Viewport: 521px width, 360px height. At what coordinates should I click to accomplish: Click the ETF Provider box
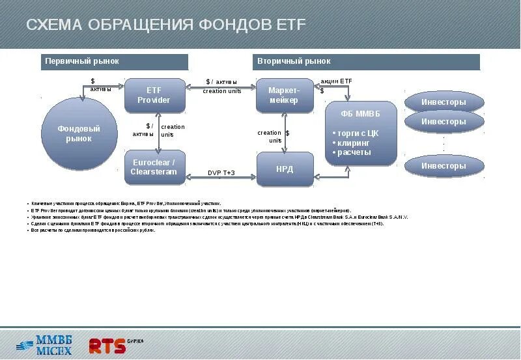pyautogui.click(x=154, y=95)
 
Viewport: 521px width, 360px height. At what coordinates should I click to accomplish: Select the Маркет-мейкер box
pyautogui.click(x=283, y=95)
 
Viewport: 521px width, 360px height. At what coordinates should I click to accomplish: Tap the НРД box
pyautogui.click(x=285, y=169)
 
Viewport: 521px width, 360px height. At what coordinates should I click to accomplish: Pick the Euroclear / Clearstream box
pyautogui.click(x=154, y=167)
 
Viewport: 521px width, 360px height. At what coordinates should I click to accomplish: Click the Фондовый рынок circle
pyautogui.click(x=79, y=133)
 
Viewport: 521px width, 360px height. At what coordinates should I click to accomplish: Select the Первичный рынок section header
pyautogui.click(x=115, y=62)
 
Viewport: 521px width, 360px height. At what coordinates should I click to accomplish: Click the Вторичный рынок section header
pyautogui.click(x=366, y=62)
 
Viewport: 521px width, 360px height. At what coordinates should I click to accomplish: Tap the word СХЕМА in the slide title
pyautogui.click(x=54, y=25)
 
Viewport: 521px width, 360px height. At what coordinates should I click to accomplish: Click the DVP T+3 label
pyautogui.click(x=221, y=173)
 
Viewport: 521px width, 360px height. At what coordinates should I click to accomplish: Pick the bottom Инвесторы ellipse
pyautogui.click(x=444, y=166)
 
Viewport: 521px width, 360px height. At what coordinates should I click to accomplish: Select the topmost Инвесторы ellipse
pyautogui.click(x=444, y=102)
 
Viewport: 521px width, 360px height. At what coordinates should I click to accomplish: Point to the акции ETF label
pyautogui.click(x=336, y=81)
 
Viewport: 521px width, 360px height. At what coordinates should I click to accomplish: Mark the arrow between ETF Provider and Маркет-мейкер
pyautogui.click(x=221, y=87)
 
